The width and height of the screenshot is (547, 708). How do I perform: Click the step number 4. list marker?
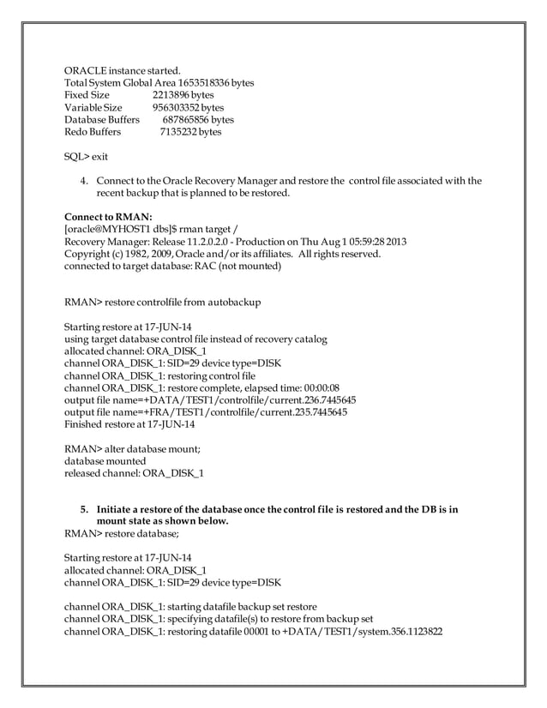85,181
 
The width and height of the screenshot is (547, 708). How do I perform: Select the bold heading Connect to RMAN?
109,218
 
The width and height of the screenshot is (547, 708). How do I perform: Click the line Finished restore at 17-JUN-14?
129,423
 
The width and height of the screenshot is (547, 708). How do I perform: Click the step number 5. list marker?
85,509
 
